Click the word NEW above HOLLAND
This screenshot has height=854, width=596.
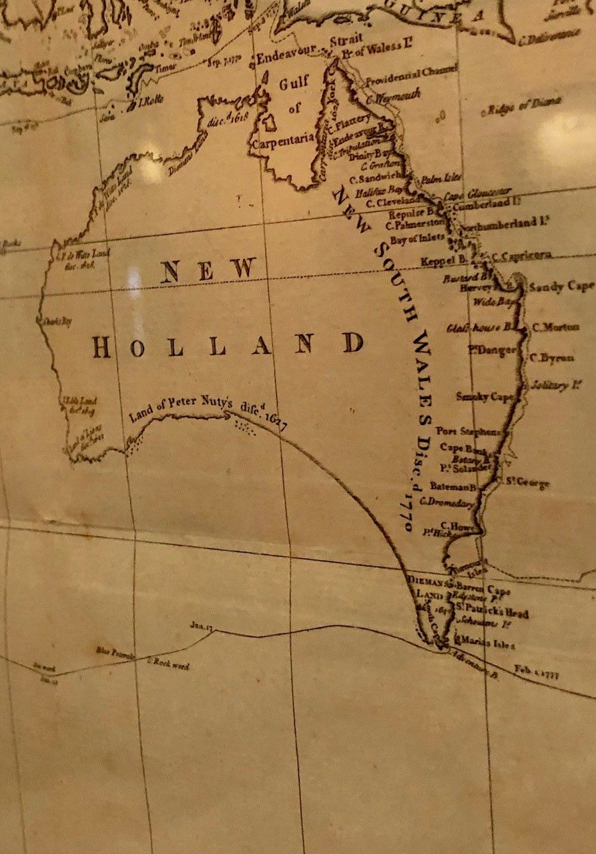(x=209, y=270)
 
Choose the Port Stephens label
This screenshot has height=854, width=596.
(x=469, y=431)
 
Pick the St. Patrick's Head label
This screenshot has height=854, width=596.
(x=493, y=612)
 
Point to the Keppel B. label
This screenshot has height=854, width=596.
(x=444, y=261)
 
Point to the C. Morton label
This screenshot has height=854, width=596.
(x=551, y=328)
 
